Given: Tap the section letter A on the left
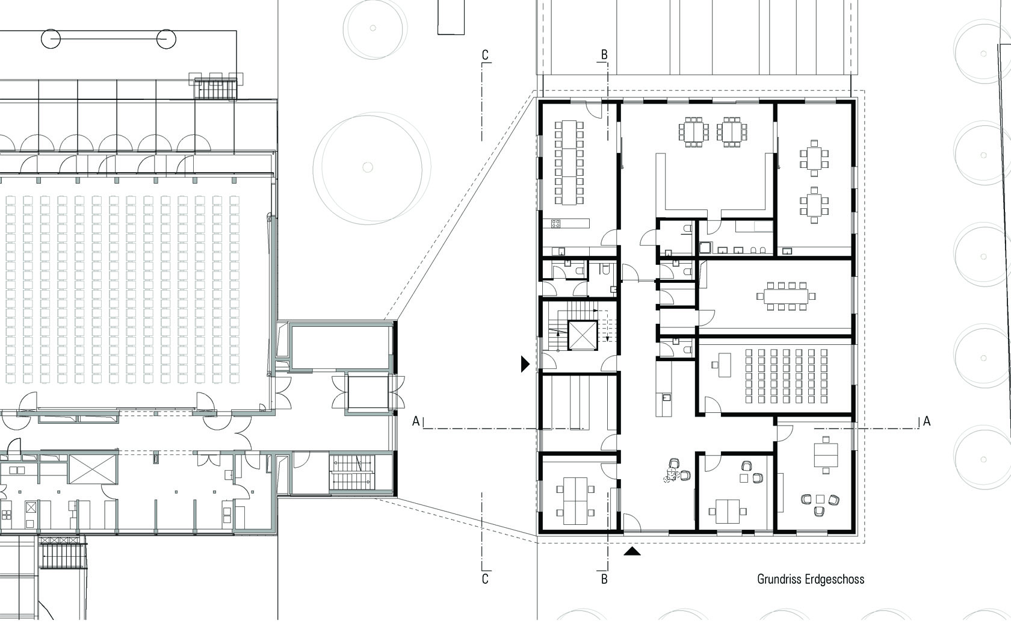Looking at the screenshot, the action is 416,421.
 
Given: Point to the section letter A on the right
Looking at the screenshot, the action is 927,421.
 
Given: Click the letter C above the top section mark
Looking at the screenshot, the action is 485,55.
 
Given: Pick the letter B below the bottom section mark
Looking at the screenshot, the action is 604,579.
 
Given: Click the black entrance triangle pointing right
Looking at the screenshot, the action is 525,364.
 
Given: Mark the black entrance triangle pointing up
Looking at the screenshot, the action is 632,551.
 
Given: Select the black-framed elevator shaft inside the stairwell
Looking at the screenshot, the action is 583,335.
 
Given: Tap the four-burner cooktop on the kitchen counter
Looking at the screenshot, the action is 555,223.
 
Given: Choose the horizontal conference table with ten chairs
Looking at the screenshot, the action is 786,296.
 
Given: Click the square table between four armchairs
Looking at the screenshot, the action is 820,500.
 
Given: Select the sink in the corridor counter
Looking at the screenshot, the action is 666,398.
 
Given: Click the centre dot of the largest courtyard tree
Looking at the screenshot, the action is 368,167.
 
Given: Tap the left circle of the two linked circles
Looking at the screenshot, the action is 51,39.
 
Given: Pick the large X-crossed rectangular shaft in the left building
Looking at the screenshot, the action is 93,469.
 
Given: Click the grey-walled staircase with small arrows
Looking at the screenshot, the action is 353,472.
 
